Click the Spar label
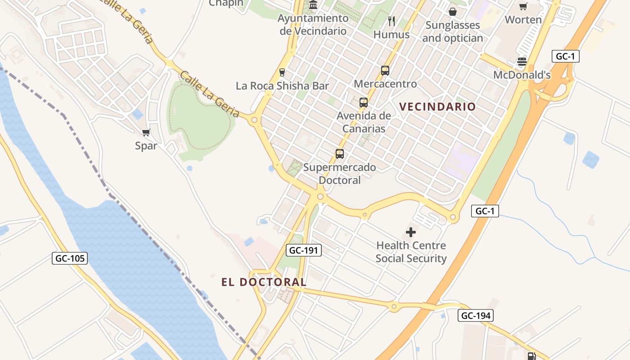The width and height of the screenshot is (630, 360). pyautogui.click(x=146, y=146)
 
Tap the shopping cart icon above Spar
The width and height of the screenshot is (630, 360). pyautogui.click(x=146, y=133)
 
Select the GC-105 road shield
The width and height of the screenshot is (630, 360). pyautogui.click(x=70, y=258)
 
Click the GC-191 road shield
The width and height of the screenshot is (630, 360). pyautogui.click(x=304, y=250)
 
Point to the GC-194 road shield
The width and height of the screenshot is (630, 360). pyautogui.click(x=476, y=315)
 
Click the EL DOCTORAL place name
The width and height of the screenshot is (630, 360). pyautogui.click(x=264, y=282)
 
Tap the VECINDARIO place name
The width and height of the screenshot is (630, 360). pyautogui.click(x=437, y=107)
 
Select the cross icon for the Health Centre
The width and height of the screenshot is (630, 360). pyautogui.click(x=411, y=232)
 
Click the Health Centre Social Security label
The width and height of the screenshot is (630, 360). pyautogui.click(x=411, y=252)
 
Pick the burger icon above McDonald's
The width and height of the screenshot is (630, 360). pyautogui.click(x=522, y=62)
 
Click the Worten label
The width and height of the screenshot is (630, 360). pyautogui.click(x=523, y=20)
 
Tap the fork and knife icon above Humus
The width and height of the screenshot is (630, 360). pyautogui.click(x=391, y=21)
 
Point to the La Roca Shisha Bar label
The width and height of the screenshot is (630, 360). pyautogui.click(x=282, y=86)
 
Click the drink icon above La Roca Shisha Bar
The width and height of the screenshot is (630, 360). pyautogui.click(x=282, y=72)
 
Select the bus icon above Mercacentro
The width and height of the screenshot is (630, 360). pyautogui.click(x=385, y=71)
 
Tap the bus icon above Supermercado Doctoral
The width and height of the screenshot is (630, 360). pyautogui.click(x=340, y=154)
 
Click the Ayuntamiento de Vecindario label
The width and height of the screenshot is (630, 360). pyautogui.click(x=313, y=24)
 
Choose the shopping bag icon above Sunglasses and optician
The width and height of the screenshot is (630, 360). pyautogui.click(x=453, y=12)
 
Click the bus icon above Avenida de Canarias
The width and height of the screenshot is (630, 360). pyautogui.click(x=364, y=103)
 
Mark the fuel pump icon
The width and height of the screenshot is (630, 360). pyautogui.click(x=531, y=356)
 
